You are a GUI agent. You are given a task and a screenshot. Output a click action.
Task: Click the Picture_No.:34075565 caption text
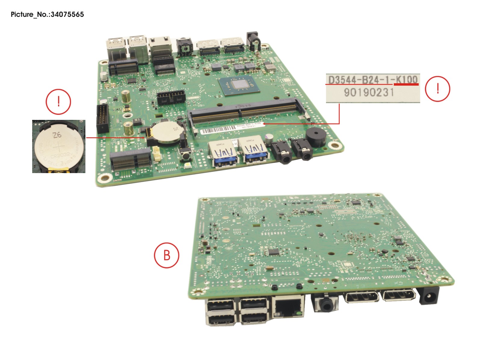[47, 14]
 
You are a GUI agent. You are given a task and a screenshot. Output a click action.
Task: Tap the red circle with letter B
[167, 255]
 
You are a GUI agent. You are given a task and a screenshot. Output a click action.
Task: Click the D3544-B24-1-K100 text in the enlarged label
[373, 80]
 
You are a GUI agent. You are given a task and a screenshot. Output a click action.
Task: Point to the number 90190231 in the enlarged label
[369, 92]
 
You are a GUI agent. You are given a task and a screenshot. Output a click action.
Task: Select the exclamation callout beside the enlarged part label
[437, 89]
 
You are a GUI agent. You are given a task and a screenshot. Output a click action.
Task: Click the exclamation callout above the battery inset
[58, 102]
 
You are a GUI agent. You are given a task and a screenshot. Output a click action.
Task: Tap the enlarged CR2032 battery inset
[59, 146]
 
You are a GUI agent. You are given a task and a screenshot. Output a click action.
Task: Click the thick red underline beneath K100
[406, 84]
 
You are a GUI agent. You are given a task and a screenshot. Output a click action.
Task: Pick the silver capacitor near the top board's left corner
[104, 75]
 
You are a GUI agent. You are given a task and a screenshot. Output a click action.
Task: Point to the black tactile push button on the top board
[186, 155]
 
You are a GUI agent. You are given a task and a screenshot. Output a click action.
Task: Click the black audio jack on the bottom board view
[325, 304]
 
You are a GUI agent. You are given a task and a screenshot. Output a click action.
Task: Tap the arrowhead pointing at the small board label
[264, 123]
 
